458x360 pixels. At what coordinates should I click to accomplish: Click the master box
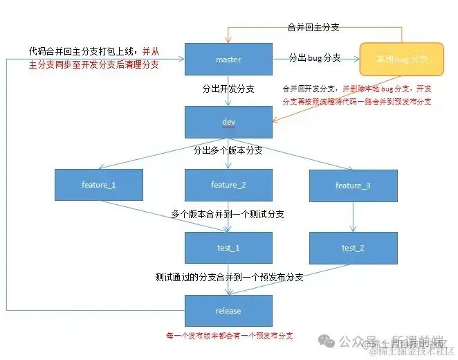pyautogui.click(x=228, y=60)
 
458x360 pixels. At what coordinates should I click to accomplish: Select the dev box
pyautogui.click(x=228, y=123)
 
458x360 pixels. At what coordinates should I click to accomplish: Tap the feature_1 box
pyautogui.click(x=99, y=185)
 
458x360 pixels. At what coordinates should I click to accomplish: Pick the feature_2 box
pyautogui.click(x=228, y=185)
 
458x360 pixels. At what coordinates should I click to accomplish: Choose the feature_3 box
pyautogui.click(x=353, y=186)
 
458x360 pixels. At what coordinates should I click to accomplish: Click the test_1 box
pyautogui.click(x=228, y=248)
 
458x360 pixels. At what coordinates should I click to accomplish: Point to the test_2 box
pyautogui.click(x=353, y=248)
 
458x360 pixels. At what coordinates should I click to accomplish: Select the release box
pyautogui.click(x=228, y=311)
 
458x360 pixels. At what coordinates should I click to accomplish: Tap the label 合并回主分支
pyautogui.click(x=313, y=28)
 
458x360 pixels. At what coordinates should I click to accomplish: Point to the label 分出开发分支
pyautogui.click(x=228, y=89)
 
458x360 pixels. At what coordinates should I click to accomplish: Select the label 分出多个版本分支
pyautogui.click(x=228, y=150)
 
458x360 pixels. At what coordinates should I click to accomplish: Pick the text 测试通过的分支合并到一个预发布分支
pyautogui.click(x=229, y=277)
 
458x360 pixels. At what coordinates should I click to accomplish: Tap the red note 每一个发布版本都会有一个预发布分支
pyautogui.click(x=229, y=336)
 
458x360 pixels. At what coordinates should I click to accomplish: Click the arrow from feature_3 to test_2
pyautogui.click(x=353, y=217)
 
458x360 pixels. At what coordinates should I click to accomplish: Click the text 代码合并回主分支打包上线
pyautogui.click(x=82, y=51)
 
